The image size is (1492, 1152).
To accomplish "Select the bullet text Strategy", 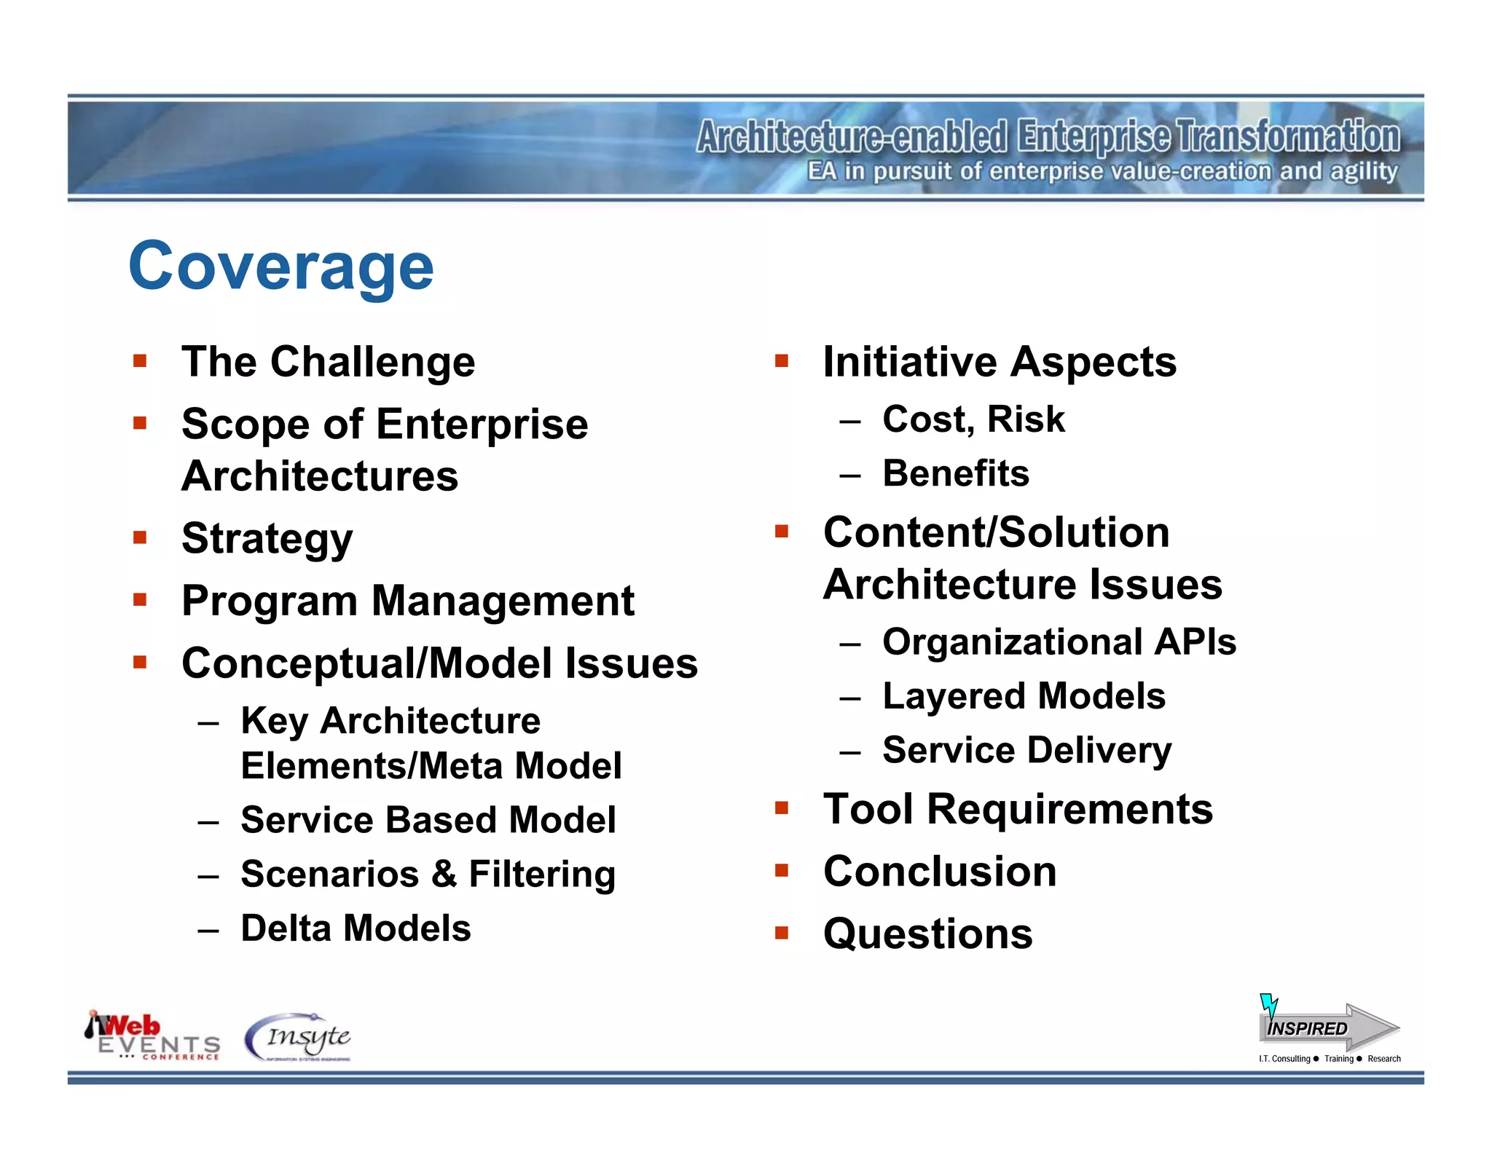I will (x=267, y=539).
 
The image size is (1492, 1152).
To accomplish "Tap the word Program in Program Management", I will (x=269, y=602).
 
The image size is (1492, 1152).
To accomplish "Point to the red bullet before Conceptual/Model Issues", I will (x=140, y=662).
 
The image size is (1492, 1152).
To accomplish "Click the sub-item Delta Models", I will (x=356, y=928).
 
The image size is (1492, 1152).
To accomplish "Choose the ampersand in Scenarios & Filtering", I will (x=443, y=874).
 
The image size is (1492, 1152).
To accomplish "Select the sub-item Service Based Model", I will (x=428, y=820).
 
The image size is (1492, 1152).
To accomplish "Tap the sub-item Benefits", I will (x=956, y=473).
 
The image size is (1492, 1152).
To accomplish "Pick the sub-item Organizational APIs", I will (x=1059, y=642).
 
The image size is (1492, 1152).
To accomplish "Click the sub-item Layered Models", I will (x=1024, y=696).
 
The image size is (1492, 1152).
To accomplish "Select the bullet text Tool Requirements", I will (x=1018, y=809).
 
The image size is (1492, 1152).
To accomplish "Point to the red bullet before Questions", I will (x=782, y=933).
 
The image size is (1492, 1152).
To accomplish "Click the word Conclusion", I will (x=940, y=872).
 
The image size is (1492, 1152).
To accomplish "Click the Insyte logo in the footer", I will (x=299, y=1037).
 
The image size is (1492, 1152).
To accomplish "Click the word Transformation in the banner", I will (x=1288, y=136).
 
